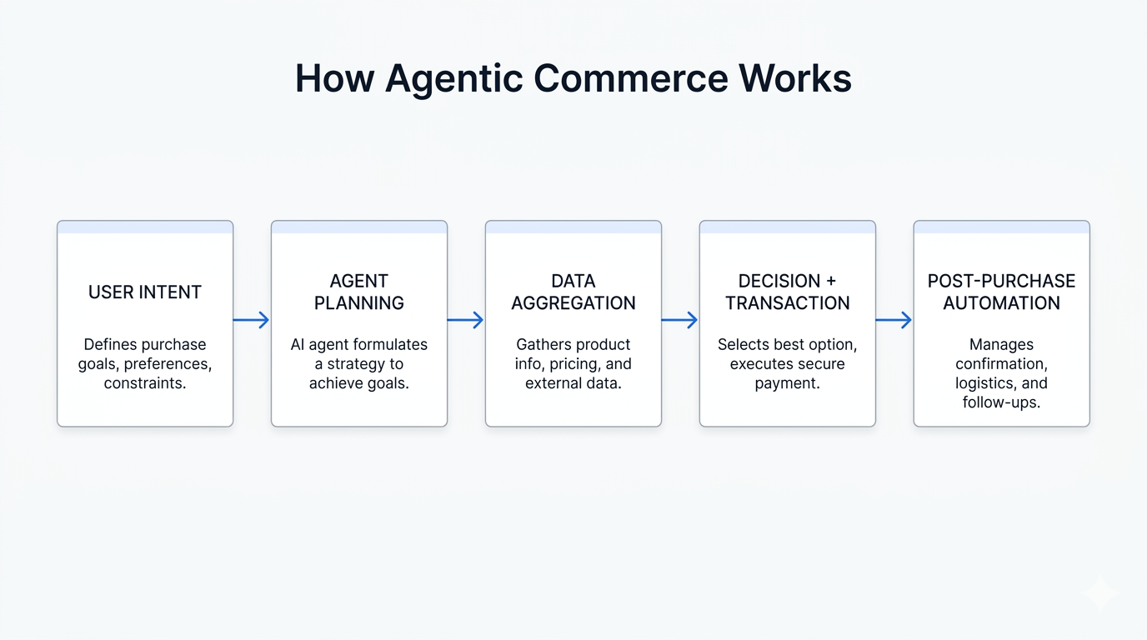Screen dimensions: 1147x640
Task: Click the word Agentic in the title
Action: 453,79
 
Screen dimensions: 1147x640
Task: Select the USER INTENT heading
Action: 145,292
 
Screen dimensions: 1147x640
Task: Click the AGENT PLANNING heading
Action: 359,292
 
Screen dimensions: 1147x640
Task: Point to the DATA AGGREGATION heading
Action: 573,292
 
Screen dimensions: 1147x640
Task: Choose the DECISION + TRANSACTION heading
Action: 788,292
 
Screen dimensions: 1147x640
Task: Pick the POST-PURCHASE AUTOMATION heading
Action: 1002,292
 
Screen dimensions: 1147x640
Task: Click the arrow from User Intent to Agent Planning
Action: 251,320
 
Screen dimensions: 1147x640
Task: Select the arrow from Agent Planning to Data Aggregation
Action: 465,320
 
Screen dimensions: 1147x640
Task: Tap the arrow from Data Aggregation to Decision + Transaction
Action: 679,320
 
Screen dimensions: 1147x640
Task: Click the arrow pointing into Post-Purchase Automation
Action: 894,320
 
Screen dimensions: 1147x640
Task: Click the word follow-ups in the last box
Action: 1002,402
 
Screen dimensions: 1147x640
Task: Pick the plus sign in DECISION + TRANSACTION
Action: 830,281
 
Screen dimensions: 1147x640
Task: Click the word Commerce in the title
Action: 630,78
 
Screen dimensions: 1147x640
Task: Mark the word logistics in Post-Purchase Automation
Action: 982,384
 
